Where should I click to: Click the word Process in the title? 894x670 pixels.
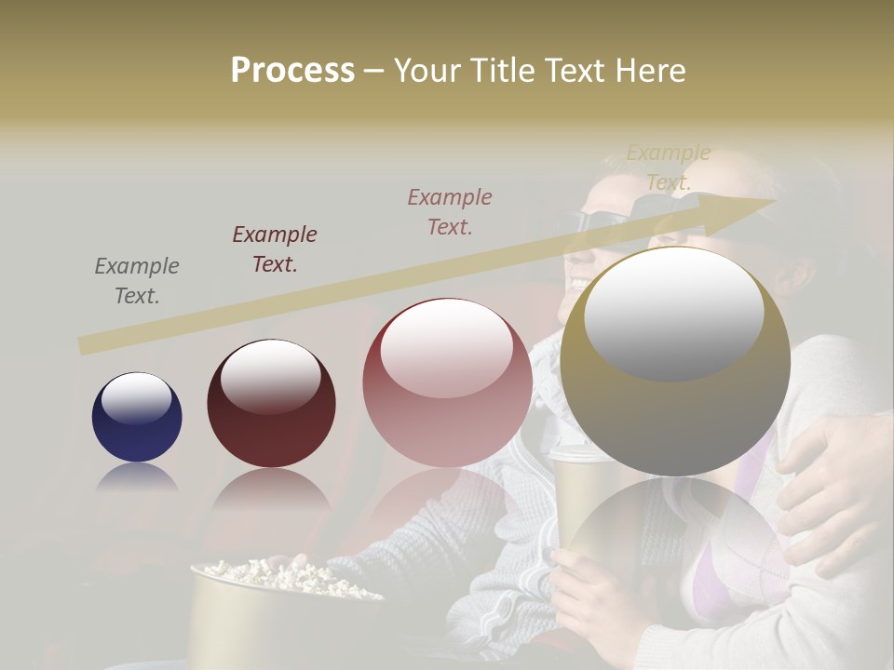click(x=292, y=70)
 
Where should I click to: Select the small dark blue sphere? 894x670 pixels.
click(x=137, y=418)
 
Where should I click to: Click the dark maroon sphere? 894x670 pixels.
click(x=271, y=403)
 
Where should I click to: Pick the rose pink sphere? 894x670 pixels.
click(x=447, y=382)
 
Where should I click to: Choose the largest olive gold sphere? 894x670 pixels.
click(x=675, y=362)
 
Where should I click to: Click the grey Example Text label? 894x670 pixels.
click(x=137, y=281)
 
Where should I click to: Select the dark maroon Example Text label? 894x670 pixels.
click(x=275, y=249)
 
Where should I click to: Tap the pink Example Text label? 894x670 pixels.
click(x=450, y=211)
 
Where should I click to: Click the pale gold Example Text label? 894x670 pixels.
click(x=668, y=167)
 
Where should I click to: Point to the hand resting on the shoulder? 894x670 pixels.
click(x=829, y=484)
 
